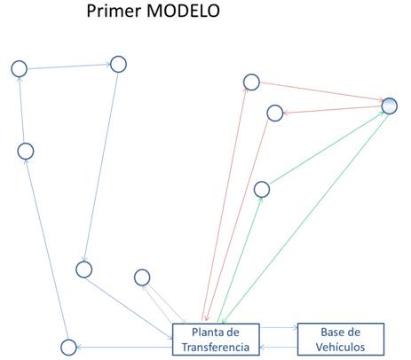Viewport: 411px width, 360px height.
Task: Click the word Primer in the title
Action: [114, 12]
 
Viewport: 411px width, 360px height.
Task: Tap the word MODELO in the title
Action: [183, 11]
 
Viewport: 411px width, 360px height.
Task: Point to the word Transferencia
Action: [216, 347]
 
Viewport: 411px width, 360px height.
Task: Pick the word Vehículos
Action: [340, 347]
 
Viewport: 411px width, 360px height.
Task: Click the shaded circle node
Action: [390, 106]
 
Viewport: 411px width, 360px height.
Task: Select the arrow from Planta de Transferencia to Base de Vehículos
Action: [279, 327]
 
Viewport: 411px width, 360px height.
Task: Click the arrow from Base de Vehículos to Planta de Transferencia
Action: [279, 347]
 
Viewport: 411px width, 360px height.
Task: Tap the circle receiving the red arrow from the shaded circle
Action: [275, 113]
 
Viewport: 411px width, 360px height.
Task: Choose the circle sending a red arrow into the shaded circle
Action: [251, 82]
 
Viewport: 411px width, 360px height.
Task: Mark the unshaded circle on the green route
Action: [262, 190]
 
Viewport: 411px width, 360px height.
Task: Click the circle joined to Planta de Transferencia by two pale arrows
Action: [142, 278]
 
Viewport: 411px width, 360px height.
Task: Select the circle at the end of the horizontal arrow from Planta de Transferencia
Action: [68, 348]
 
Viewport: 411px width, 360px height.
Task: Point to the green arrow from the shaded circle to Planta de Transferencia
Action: [305, 218]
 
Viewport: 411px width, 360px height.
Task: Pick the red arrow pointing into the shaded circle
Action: [320, 91]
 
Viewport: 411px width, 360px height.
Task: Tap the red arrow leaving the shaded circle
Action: [332, 110]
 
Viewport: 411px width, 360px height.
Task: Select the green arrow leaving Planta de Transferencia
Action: [240, 260]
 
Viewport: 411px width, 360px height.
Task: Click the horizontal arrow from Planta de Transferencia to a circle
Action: [124, 348]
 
